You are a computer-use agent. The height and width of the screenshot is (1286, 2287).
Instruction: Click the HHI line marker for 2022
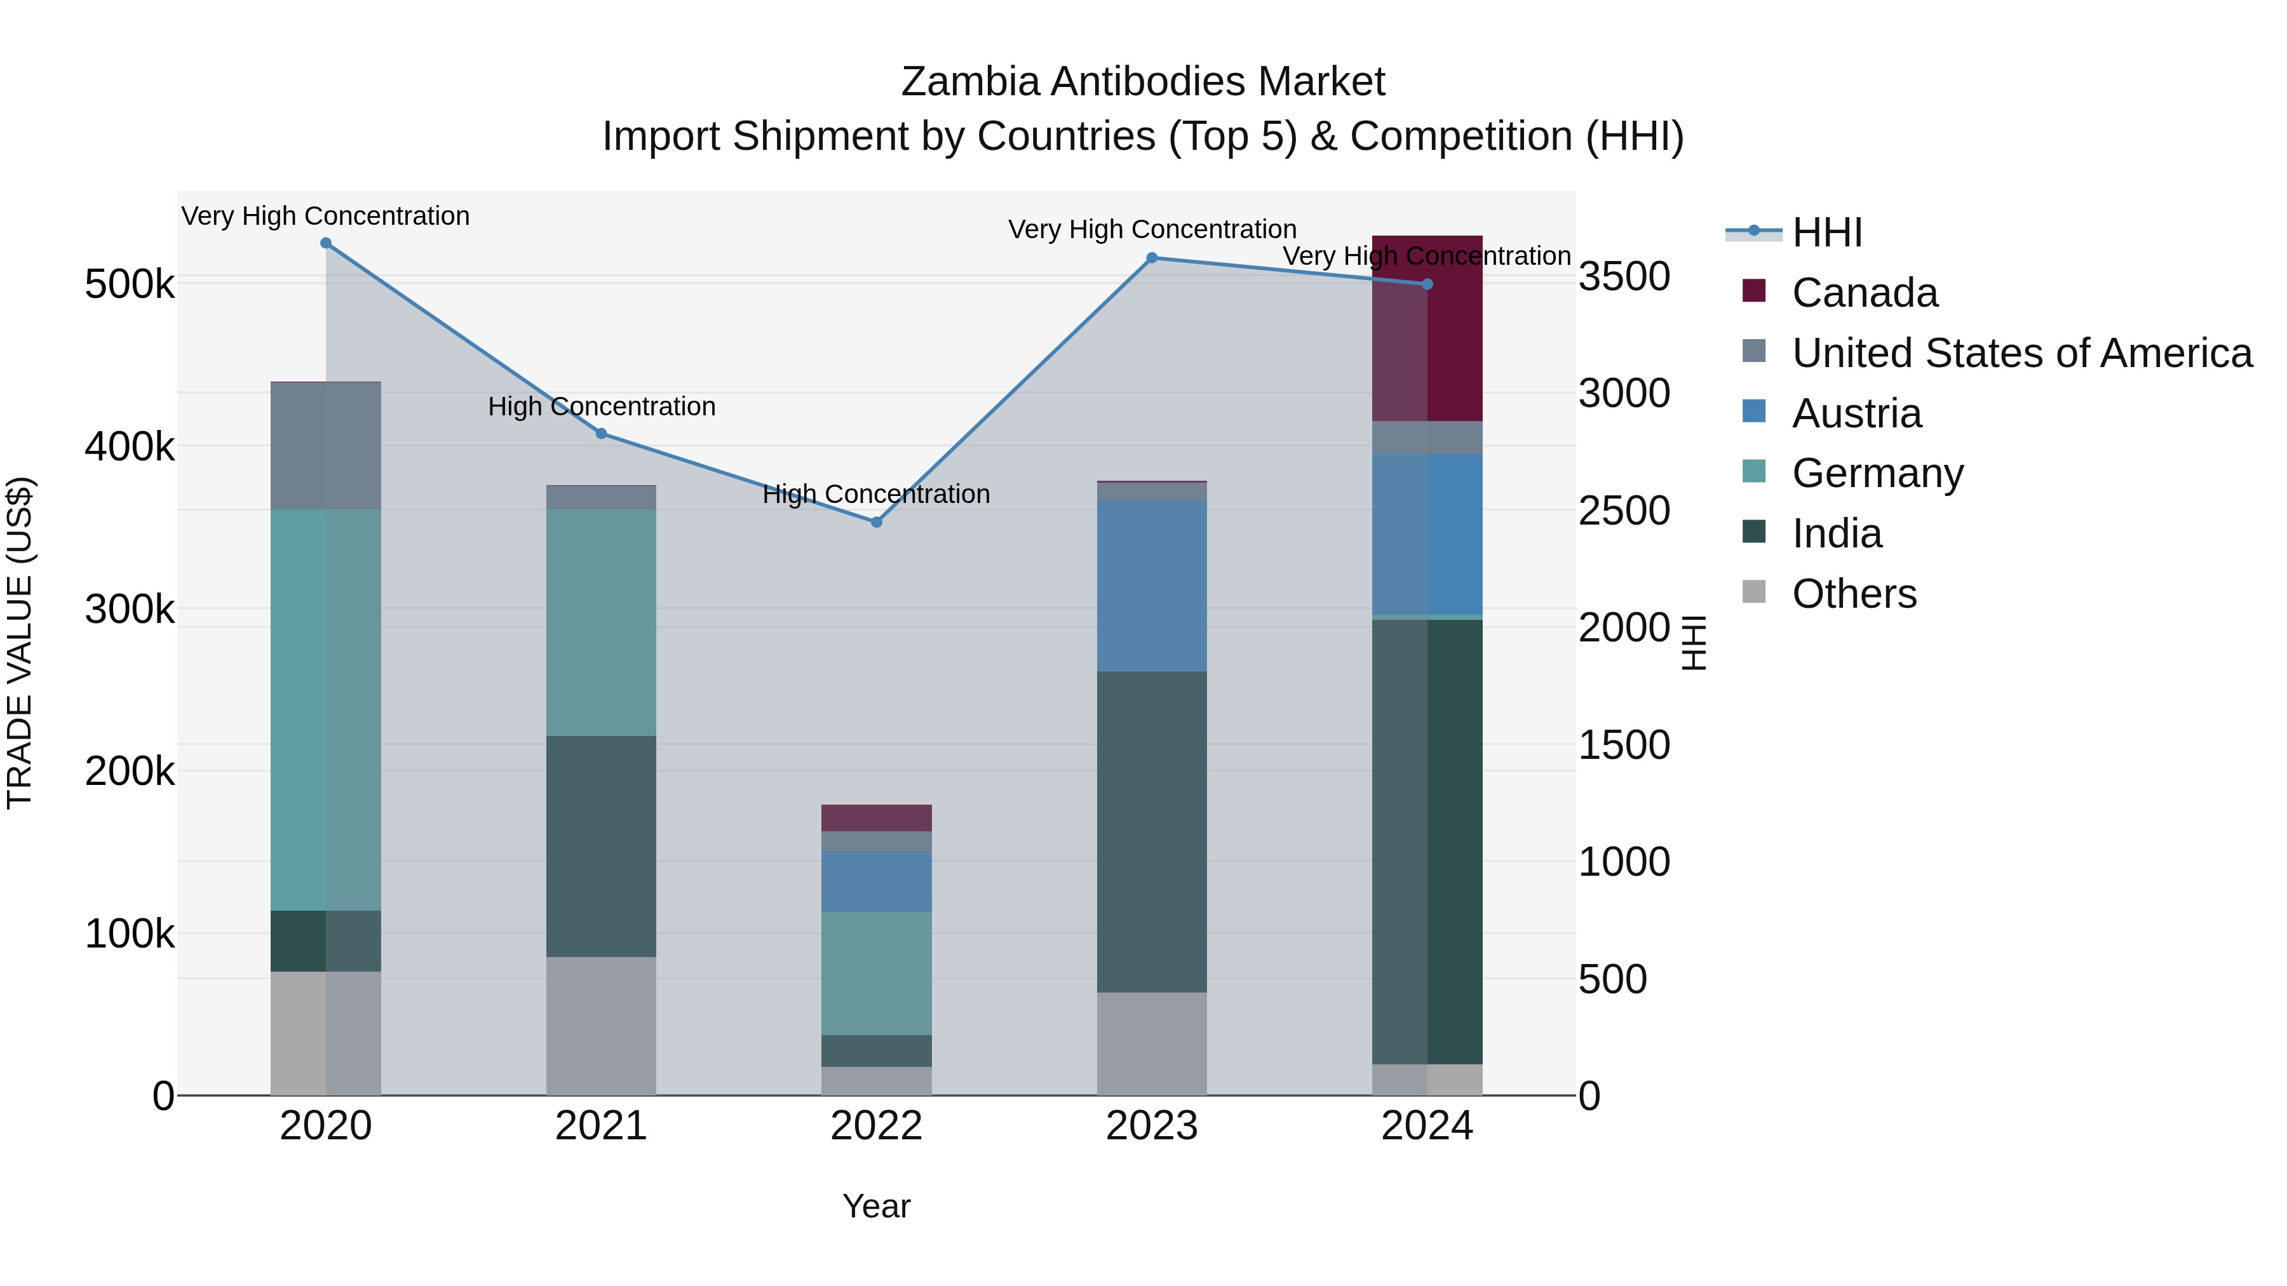click(876, 522)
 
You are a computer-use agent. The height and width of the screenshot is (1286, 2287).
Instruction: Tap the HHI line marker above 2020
click(326, 243)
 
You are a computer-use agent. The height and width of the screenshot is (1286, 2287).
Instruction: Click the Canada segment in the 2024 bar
click(1427, 328)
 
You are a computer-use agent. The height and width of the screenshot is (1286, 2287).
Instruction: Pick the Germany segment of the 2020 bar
click(326, 710)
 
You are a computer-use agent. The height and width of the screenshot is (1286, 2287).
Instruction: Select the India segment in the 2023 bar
click(1152, 831)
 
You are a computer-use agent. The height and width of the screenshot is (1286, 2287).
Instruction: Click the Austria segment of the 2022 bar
click(876, 881)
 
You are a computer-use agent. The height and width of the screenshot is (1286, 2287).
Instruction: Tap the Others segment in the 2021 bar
click(601, 1025)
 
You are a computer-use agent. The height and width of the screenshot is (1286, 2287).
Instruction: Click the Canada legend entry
click(1865, 293)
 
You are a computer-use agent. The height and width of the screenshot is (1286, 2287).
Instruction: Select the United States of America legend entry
click(2021, 353)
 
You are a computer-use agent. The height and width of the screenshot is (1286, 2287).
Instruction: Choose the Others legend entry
click(1854, 594)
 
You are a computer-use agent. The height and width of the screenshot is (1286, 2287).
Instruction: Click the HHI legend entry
click(1826, 232)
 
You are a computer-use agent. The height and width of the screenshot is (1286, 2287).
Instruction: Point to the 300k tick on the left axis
click(130, 610)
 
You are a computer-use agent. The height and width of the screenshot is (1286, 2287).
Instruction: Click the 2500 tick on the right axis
click(1624, 511)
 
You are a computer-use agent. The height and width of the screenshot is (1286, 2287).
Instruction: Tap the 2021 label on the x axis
click(601, 1126)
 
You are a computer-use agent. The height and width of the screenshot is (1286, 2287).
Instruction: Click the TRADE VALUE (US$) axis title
click(20, 643)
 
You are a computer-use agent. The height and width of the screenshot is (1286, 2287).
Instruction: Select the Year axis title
click(876, 1206)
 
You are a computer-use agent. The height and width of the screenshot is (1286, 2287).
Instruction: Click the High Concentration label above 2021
click(601, 406)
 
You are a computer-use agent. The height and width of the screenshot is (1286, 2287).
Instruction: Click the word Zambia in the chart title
click(969, 82)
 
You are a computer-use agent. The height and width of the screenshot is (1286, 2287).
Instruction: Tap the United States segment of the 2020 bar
click(326, 446)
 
